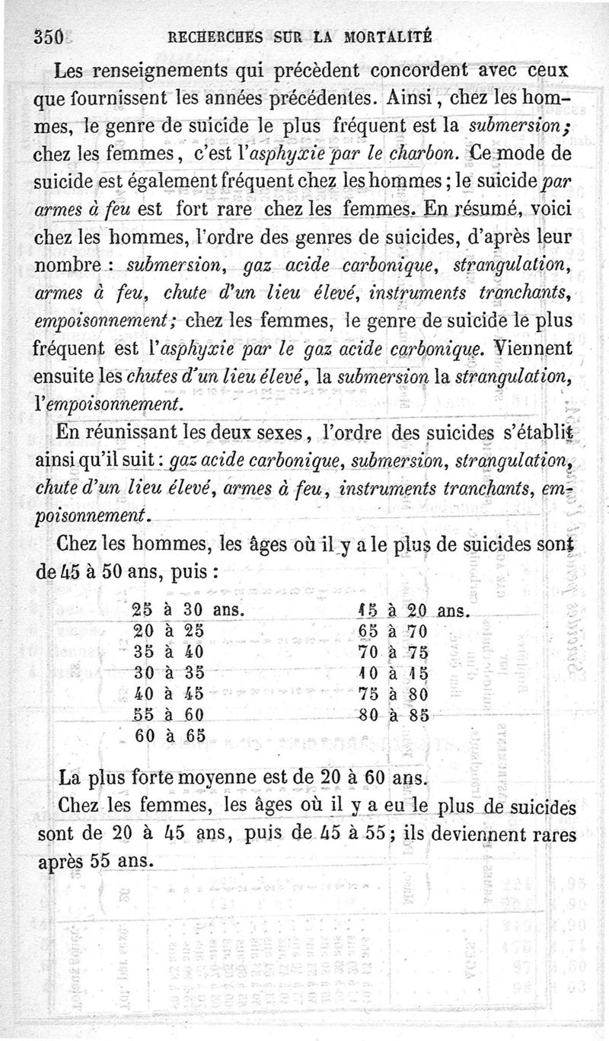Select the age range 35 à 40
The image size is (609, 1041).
[169, 653]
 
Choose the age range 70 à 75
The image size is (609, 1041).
[393, 653]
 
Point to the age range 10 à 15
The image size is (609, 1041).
[393, 673]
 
